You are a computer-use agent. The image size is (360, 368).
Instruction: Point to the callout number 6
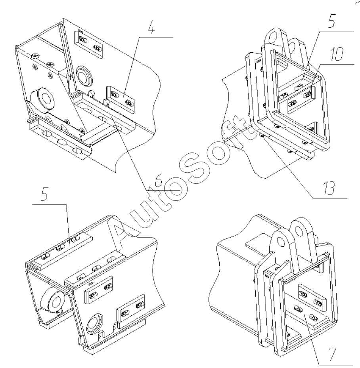pos(159,183)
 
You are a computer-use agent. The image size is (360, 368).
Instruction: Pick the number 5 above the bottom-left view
pos(45,197)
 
